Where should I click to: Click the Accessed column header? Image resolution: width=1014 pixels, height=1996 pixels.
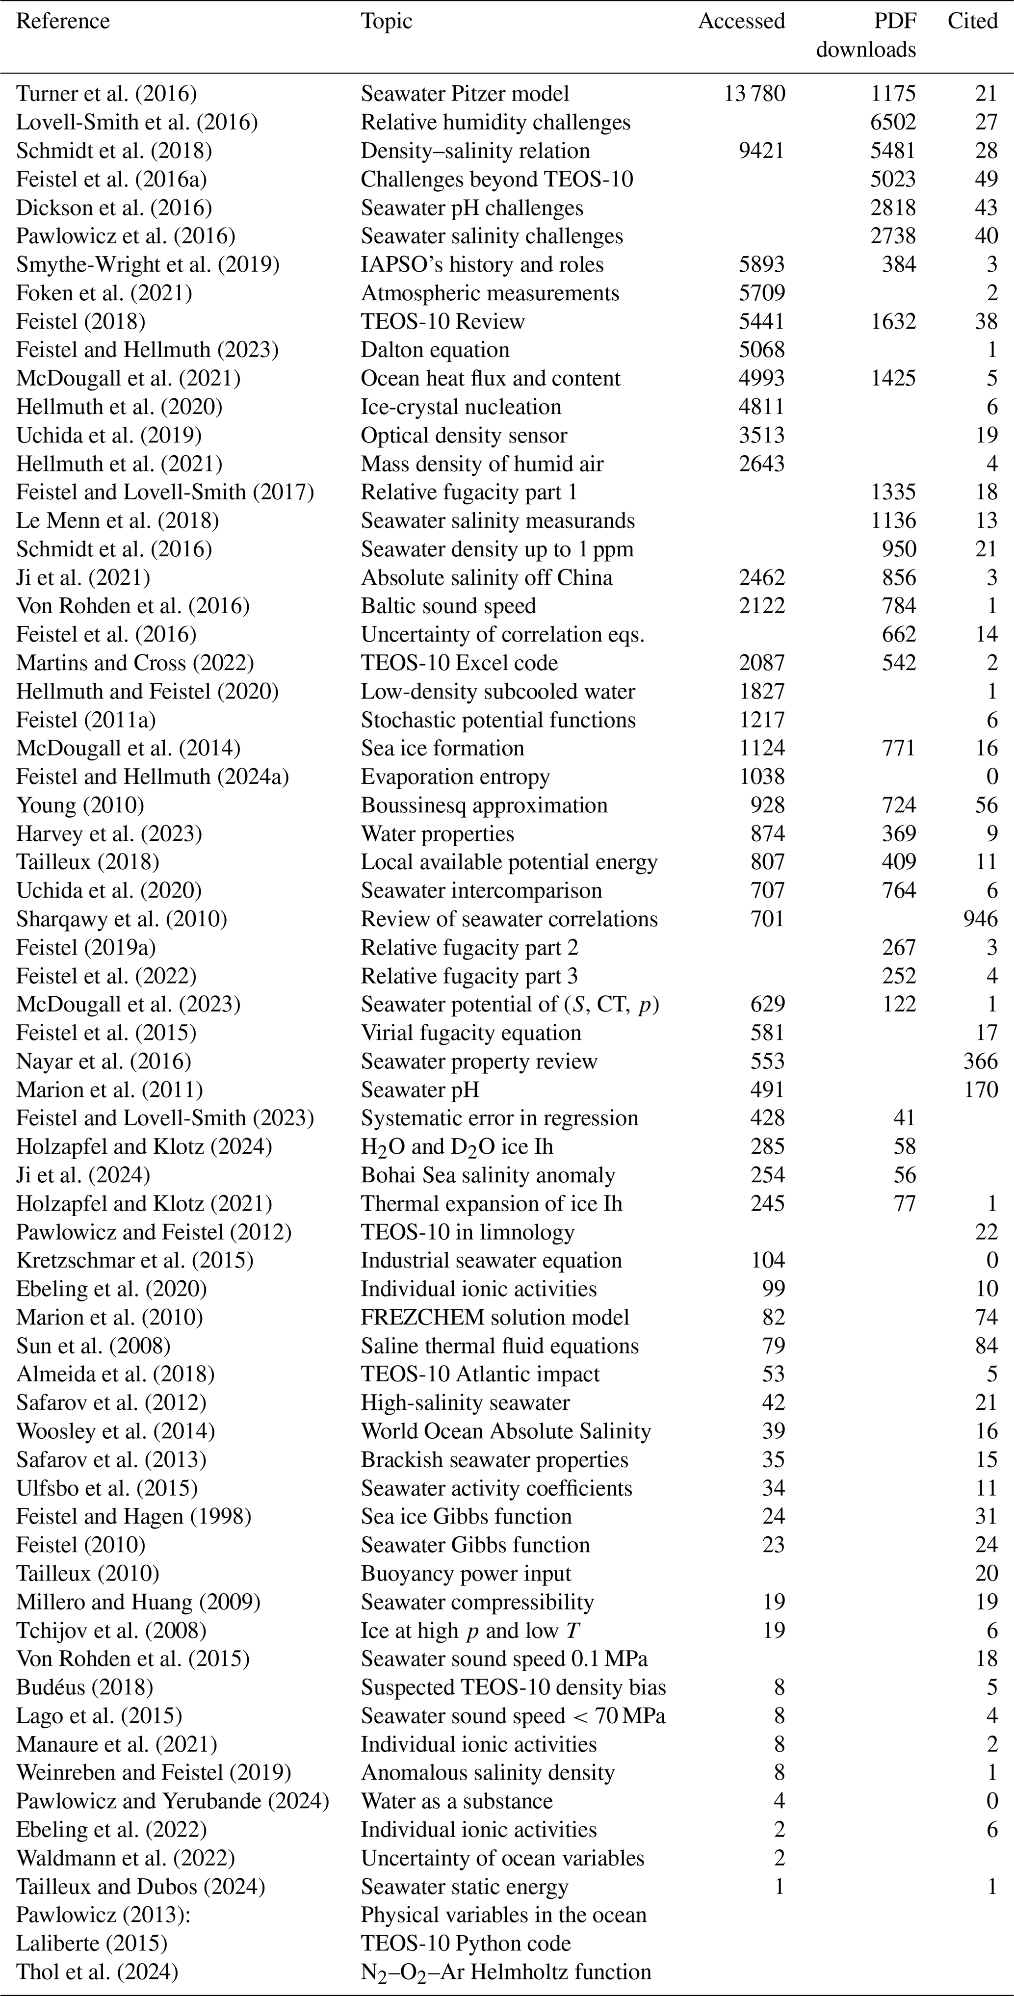pos(741,21)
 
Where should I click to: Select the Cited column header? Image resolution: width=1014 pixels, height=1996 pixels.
pos(972,21)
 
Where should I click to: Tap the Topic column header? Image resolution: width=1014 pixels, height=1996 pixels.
pos(387,21)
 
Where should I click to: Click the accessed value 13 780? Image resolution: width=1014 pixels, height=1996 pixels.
pos(754,94)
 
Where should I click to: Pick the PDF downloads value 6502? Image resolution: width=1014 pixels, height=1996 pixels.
pos(893,123)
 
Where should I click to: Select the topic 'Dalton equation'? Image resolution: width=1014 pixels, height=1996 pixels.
pos(435,350)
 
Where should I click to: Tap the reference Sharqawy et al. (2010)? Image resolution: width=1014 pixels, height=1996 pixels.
pos(122,919)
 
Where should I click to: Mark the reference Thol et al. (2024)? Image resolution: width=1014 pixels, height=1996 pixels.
pos(97,1972)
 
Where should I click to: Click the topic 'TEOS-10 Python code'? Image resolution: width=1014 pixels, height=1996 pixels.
pos(466,1944)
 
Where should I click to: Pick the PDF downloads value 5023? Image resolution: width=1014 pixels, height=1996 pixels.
pos(893,180)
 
